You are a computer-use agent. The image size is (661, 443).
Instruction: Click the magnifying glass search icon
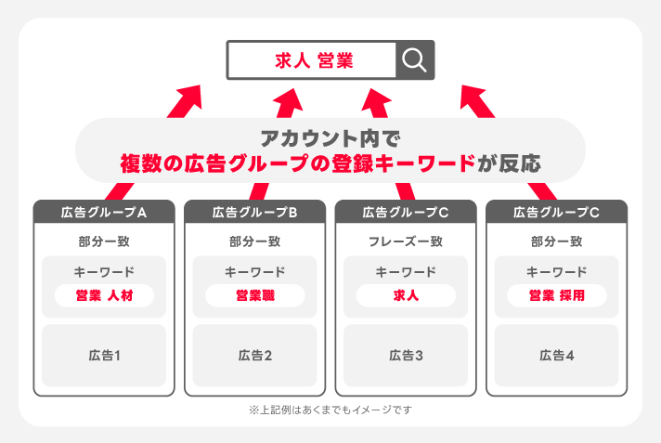pyautogui.click(x=415, y=61)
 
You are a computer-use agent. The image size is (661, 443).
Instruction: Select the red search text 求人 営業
pyautogui.click(x=314, y=61)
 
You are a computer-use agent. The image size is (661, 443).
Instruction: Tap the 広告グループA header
pyautogui.click(x=104, y=212)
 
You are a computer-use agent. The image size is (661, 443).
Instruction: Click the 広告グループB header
pyautogui.click(x=254, y=212)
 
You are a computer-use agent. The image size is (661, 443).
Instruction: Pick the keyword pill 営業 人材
pyautogui.click(x=104, y=295)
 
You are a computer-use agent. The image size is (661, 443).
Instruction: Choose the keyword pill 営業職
pyautogui.click(x=254, y=295)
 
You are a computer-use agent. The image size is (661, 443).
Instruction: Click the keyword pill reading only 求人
pyautogui.click(x=406, y=295)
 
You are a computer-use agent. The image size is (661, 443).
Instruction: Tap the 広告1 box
pyautogui.click(x=104, y=355)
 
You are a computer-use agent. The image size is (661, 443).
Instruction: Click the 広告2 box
pyautogui.click(x=254, y=355)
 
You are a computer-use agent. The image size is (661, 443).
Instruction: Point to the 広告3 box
pyautogui.click(x=406, y=355)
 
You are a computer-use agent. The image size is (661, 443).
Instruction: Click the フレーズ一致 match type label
pyautogui.click(x=406, y=241)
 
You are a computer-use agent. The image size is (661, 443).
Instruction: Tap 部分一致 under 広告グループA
pyautogui.click(x=104, y=241)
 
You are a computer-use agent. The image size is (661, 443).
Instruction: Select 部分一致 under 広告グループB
pyautogui.click(x=254, y=241)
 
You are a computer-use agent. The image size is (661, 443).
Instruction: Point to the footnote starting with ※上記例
pyautogui.click(x=330, y=409)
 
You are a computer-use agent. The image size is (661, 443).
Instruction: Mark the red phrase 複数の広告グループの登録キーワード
pyautogui.click(x=297, y=163)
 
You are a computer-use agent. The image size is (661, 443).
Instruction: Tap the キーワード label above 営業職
pyautogui.click(x=254, y=272)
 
